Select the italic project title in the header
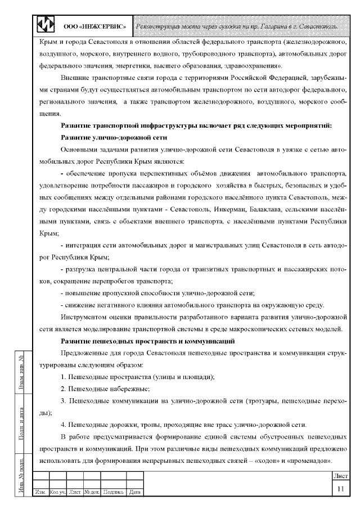click(236, 26)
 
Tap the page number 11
click(340, 489)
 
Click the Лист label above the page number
click(339, 476)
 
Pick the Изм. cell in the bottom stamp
click(40, 492)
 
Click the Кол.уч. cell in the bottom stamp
click(58, 492)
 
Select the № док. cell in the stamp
click(92, 492)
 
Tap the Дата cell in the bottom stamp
click(134, 492)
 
